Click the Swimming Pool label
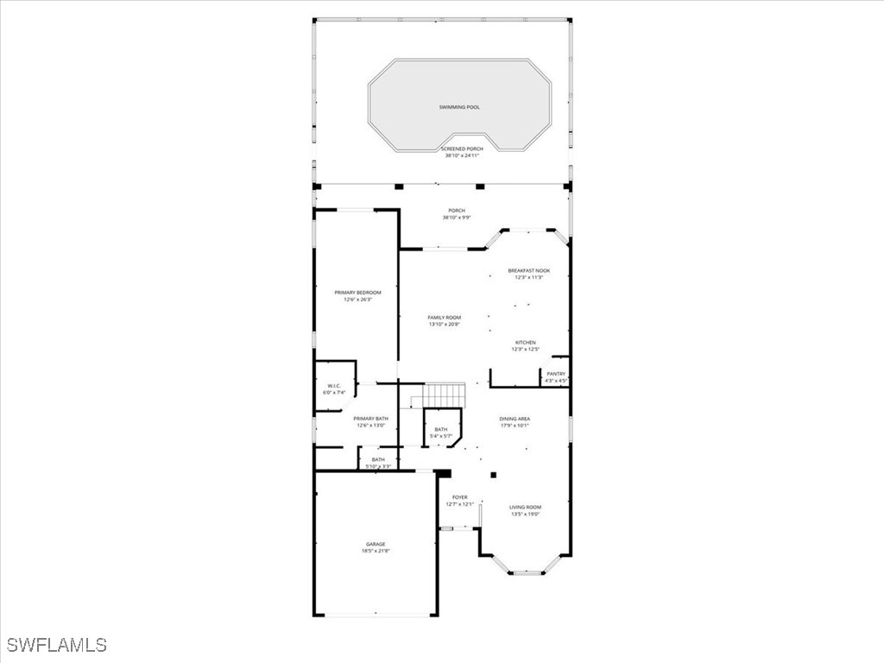point(457,107)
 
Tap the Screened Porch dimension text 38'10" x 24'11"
point(463,156)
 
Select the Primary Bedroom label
point(357,293)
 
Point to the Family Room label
point(445,318)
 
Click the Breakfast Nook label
point(528,271)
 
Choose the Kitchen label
point(526,343)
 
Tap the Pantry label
point(556,374)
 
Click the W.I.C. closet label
point(334,386)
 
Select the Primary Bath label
point(370,419)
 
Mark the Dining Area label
point(515,419)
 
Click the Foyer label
point(460,497)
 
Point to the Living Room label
point(525,507)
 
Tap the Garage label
point(375,544)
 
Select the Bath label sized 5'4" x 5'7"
point(441,429)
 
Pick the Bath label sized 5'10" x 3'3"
point(378,459)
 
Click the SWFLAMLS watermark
point(57,645)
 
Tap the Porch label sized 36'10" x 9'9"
point(457,211)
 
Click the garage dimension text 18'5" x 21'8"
point(375,551)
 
